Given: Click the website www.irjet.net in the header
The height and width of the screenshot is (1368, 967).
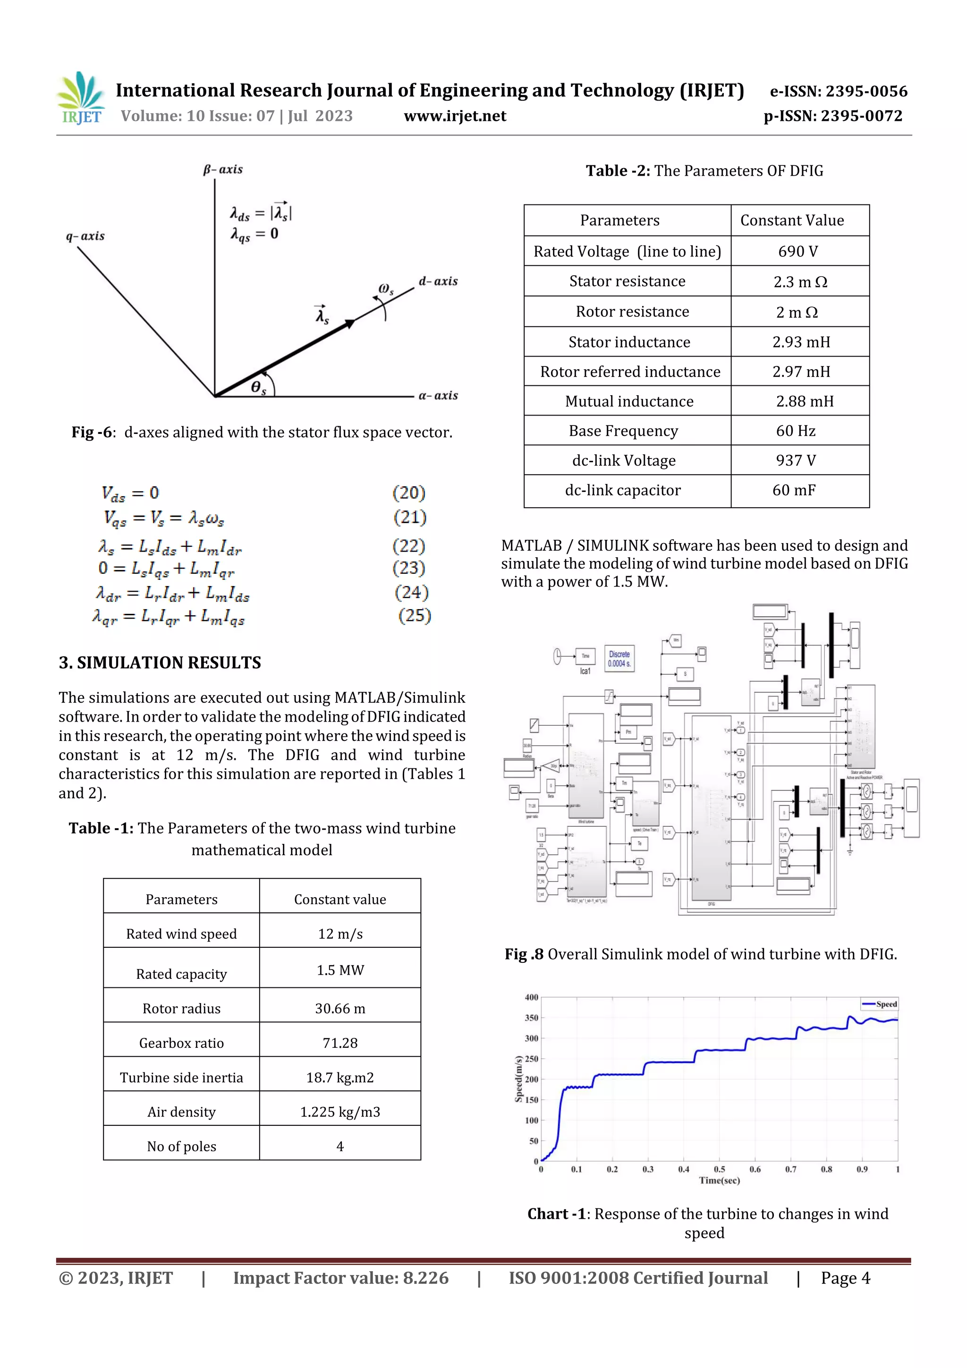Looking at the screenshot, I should (x=455, y=116).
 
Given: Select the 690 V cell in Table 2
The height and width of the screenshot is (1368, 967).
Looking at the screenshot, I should (x=798, y=251).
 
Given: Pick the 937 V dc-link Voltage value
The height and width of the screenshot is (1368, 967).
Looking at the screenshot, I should (x=796, y=460).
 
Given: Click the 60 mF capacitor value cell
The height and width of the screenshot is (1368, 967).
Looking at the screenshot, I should (x=794, y=490).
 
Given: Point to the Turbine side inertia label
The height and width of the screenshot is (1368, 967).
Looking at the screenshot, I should (x=181, y=1077).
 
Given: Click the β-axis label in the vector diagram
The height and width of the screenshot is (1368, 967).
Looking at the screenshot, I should (x=222, y=169).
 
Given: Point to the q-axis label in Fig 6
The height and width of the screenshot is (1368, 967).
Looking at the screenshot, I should (x=85, y=236).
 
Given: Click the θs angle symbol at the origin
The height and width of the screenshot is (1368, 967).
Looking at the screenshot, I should (x=258, y=388).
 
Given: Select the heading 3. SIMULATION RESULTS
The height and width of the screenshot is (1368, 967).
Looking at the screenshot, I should (x=160, y=663).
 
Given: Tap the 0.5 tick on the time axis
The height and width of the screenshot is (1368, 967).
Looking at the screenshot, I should (x=719, y=1169).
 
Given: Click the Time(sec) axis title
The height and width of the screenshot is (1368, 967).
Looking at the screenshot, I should (x=719, y=1181).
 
